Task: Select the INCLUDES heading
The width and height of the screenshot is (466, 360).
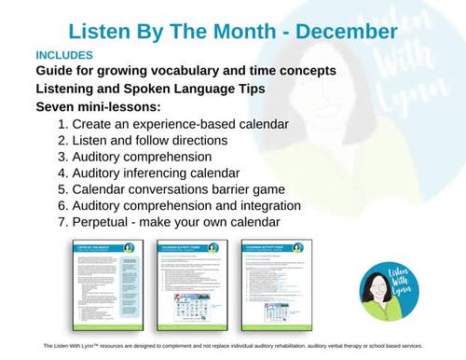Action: point(67,56)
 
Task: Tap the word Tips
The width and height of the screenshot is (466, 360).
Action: point(253,90)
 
